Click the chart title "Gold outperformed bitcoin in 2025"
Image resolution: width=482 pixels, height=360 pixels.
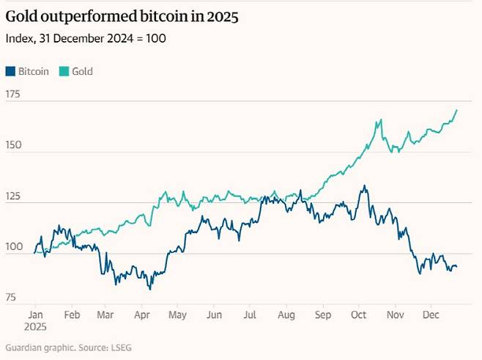[x=121, y=16]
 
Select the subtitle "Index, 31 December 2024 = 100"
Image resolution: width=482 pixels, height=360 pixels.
[x=85, y=38]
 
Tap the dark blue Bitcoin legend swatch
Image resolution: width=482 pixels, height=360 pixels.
[x=10, y=71]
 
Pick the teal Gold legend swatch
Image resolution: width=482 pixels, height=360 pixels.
[x=64, y=71]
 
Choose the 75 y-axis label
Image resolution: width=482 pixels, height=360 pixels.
[x=11, y=297]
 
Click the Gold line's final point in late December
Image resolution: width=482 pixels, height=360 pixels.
[x=456, y=111]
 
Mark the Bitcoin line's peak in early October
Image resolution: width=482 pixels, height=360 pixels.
[x=363, y=186]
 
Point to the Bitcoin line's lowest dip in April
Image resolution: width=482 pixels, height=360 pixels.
[x=150, y=289]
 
